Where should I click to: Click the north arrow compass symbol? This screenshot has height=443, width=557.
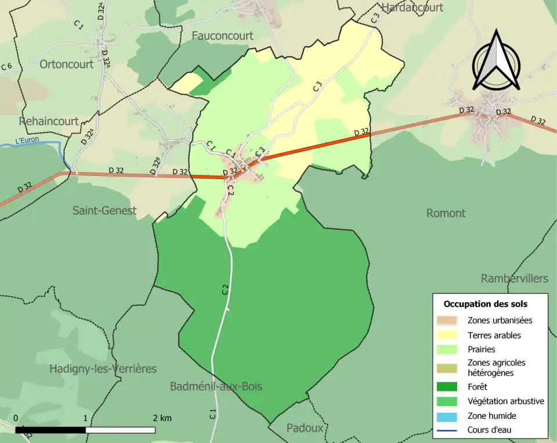(496, 61)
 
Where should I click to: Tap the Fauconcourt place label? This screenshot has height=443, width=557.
(222, 36)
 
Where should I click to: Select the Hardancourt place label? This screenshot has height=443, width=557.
(411, 8)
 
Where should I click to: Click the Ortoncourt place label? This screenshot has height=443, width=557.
(66, 64)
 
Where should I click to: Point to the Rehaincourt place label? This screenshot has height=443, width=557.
(48, 121)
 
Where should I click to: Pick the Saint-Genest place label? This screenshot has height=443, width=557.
(104, 210)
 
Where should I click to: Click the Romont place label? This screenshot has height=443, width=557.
(446, 213)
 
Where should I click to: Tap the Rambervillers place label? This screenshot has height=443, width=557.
(514, 279)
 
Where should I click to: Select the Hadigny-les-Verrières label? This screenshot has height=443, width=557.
(103, 369)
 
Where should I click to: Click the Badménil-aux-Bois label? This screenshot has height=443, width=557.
(216, 387)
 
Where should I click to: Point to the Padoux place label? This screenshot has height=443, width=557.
(305, 428)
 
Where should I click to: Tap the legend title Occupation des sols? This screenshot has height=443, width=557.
(486, 304)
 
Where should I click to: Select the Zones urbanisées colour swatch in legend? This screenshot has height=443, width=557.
(447, 320)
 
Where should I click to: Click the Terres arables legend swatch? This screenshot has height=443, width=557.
(447, 335)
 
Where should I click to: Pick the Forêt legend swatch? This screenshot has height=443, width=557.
(447, 387)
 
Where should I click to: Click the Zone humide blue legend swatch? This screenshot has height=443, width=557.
(447, 416)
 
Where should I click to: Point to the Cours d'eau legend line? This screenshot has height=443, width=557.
(447, 430)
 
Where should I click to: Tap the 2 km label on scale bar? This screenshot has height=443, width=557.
(162, 418)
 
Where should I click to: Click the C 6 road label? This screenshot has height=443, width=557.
(6, 67)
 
